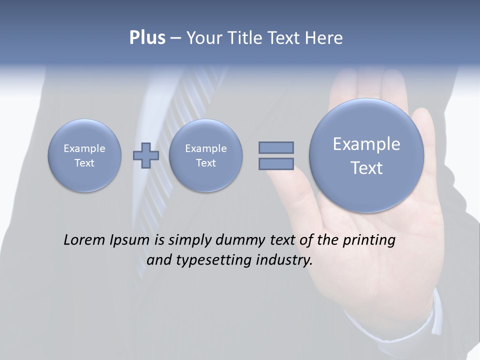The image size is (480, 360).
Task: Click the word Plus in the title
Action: (x=147, y=38)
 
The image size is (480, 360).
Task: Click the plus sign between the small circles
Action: (x=146, y=155)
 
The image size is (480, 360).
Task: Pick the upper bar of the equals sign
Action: (x=276, y=147)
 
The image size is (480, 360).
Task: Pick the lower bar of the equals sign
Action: (x=276, y=163)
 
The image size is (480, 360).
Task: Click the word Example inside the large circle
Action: (x=366, y=144)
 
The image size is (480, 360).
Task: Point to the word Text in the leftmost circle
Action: (x=84, y=163)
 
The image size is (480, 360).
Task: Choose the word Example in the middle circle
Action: (x=205, y=148)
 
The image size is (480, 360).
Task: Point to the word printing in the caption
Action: (x=368, y=240)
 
